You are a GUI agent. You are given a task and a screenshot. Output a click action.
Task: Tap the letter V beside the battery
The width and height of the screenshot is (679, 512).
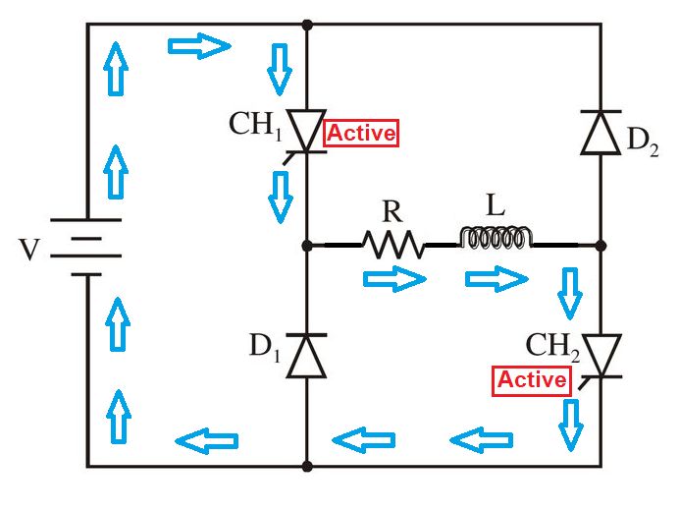pyautogui.click(x=30, y=250)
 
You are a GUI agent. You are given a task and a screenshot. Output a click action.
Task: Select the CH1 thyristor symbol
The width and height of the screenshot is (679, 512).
pyautogui.click(x=306, y=132)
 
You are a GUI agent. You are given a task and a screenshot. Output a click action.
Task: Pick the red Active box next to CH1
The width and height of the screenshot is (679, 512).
pyautogui.click(x=360, y=134)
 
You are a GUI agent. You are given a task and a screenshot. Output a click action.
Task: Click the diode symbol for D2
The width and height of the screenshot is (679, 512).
pyautogui.click(x=601, y=133)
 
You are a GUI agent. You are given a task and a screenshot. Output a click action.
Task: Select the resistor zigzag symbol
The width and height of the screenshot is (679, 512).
pyautogui.click(x=393, y=244)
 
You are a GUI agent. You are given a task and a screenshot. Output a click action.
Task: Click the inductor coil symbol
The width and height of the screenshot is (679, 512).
pyautogui.click(x=496, y=239)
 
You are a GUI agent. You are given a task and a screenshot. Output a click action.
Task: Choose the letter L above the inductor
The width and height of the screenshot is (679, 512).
pyautogui.click(x=494, y=204)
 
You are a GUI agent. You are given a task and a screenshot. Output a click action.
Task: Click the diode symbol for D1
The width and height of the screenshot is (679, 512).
pyautogui.click(x=306, y=355)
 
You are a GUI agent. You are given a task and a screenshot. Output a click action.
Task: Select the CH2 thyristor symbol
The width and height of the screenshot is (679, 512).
pyautogui.click(x=601, y=355)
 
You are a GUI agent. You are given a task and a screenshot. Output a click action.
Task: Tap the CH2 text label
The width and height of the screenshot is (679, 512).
pyautogui.click(x=552, y=347)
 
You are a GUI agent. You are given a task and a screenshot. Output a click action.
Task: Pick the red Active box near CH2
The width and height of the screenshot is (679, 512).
pyautogui.click(x=532, y=380)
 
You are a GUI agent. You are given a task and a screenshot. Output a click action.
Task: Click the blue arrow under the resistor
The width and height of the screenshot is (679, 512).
pyautogui.click(x=394, y=280)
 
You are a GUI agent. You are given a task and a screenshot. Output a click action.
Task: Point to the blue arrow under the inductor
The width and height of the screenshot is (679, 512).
pyautogui.click(x=496, y=280)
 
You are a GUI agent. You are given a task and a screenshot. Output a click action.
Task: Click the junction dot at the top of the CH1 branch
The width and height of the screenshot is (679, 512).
pyautogui.click(x=306, y=24)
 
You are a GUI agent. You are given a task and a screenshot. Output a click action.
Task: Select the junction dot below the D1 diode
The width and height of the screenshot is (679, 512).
pyautogui.click(x=306, y=466)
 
